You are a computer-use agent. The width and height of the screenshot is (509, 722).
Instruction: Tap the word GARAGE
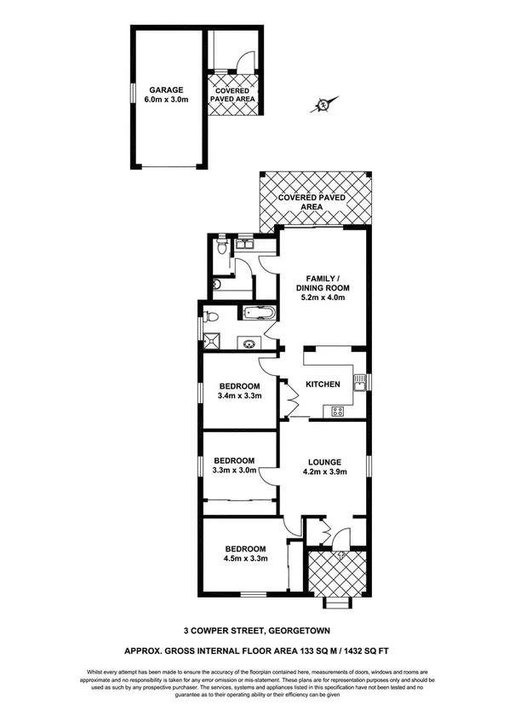pyautogui.click(x=166, y=90)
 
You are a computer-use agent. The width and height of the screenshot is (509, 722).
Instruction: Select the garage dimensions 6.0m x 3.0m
pyautogui.click(x=166, y=100)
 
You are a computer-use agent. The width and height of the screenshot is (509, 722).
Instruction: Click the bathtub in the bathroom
pyautogui.click(x=258, y=313)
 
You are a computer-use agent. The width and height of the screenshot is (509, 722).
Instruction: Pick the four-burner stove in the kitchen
pyautogui.click(x=338, y=412)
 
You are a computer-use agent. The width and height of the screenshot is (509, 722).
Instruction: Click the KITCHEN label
pyautogui.click(x=323, y=384)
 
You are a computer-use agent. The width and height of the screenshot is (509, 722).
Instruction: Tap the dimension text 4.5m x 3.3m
pyautogui.click(x=246, y=559)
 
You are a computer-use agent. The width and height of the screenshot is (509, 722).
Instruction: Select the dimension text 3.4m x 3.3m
pyautogui.click(x=237, y=396)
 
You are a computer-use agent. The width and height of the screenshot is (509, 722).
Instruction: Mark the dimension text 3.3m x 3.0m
pyautogui.click(x=234, y=471)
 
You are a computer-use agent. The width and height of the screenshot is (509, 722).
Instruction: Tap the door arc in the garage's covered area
pyautogui.click(x=244, y=61)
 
